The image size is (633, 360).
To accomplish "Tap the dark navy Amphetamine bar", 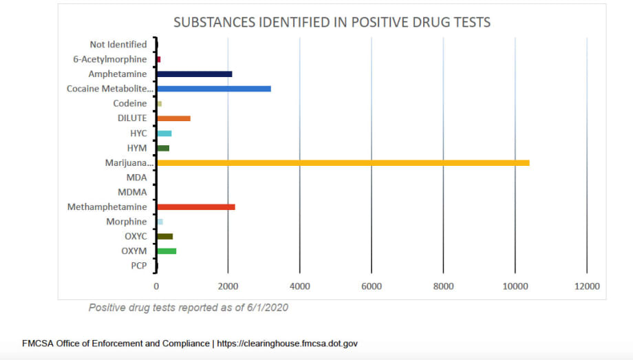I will click(x=194, y=74).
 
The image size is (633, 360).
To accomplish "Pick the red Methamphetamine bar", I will click(x=195, y=207).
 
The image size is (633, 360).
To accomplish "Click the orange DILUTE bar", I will click(x=173, y=118).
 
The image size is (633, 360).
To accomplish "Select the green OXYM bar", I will click(x=167, y=251).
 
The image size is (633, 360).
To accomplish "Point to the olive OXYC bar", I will click(x=164, y=236).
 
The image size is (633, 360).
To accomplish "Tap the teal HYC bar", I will click(x=164, y=133).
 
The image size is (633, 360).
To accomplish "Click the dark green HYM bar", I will click(x=163, y=148).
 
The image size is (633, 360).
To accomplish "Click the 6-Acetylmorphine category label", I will click(x=110, y=59).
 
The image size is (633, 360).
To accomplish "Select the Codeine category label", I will click(x=130, y=103).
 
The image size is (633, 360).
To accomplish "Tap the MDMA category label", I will click(x=132, y=192).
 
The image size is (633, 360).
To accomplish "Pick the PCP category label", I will click(x=138, y=266).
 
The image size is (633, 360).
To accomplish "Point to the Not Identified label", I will click(x=118, y=45).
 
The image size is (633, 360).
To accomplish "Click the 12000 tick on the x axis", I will click(x=586, y=286).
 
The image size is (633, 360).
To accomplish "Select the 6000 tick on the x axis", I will click(x=371, y=286).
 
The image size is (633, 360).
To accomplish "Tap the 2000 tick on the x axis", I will click(x=228, y=286).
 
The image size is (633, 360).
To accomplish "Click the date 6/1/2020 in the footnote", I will click(x=266, y=308).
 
